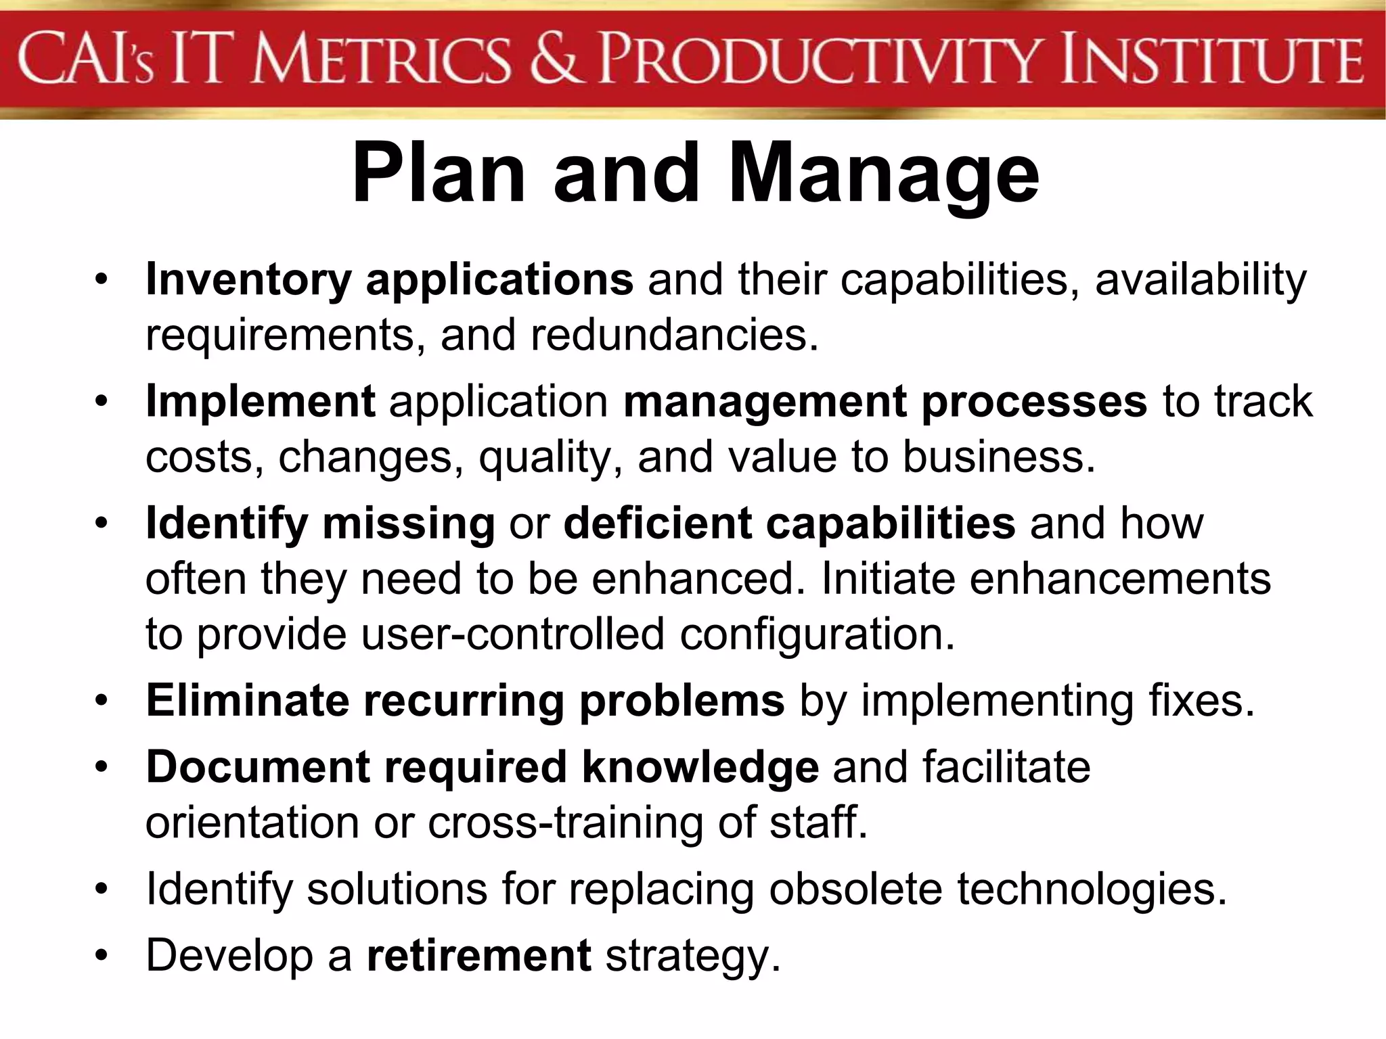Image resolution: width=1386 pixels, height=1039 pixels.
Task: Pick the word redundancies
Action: click(674, 335)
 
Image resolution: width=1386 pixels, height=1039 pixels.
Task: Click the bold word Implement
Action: click(261, 402)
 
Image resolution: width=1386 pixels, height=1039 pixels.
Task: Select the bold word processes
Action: click(1035, 402)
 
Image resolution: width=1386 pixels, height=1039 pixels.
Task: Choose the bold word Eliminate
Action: click(247, 700)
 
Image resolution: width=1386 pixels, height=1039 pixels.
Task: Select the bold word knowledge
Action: click(700, 768)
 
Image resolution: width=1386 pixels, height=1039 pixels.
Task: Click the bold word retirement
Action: click(479, 955)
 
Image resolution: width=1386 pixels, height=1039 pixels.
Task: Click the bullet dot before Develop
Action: click(102, 955)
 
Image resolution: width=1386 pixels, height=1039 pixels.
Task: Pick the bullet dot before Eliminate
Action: click(102, 700)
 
